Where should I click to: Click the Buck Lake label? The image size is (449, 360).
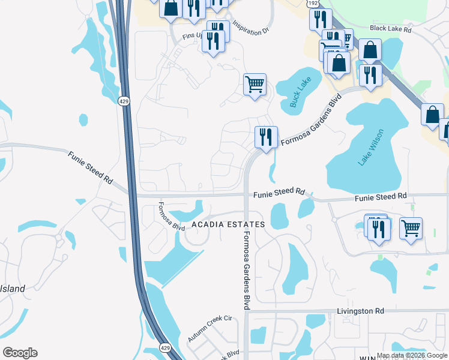pyautogui.click(x=298, y=94)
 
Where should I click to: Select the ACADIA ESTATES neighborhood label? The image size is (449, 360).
pyautogui.click(x=228, y=224)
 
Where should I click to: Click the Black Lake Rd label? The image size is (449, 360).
pyautogui.click(x=390, y=28)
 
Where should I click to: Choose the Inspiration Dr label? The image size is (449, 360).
pyautogui.click(x=249, y=28)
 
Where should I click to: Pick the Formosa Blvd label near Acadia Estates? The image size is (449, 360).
pyautogui.click(x=171, y=217)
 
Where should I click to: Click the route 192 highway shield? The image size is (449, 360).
pyautogui.click(x=313, y=4)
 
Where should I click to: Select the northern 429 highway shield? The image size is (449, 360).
pyautogui.click(x=124, y=101)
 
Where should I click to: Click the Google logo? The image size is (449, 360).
pyautogui.click(x=20, y=353)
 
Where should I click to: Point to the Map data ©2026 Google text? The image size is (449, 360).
pyautogui.click(x=411, y=355)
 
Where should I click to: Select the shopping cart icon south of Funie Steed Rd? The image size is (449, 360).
pyautogui.click(x=411, y=227)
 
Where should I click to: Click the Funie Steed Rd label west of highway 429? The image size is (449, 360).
pyautogui.click(x=90, y=167)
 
